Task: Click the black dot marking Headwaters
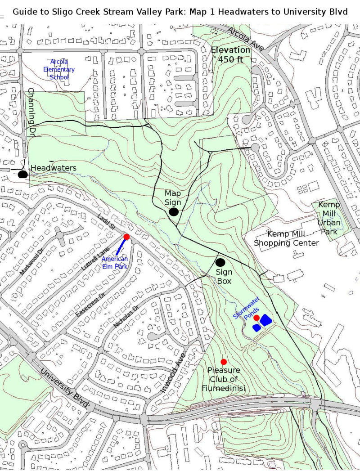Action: coord(23,175)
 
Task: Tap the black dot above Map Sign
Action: coord(174,212)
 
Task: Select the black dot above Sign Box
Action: coord(220,262)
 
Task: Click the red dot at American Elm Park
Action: coord(126,237)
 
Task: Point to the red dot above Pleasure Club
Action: coord(224,362)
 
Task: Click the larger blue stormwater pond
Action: coord(265,320)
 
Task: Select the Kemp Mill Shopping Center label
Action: coord(287,238)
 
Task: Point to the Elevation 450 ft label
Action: coord(230,54)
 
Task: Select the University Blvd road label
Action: coord(64,389)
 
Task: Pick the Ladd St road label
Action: coord(106,224)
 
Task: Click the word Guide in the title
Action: coord(26,11)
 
